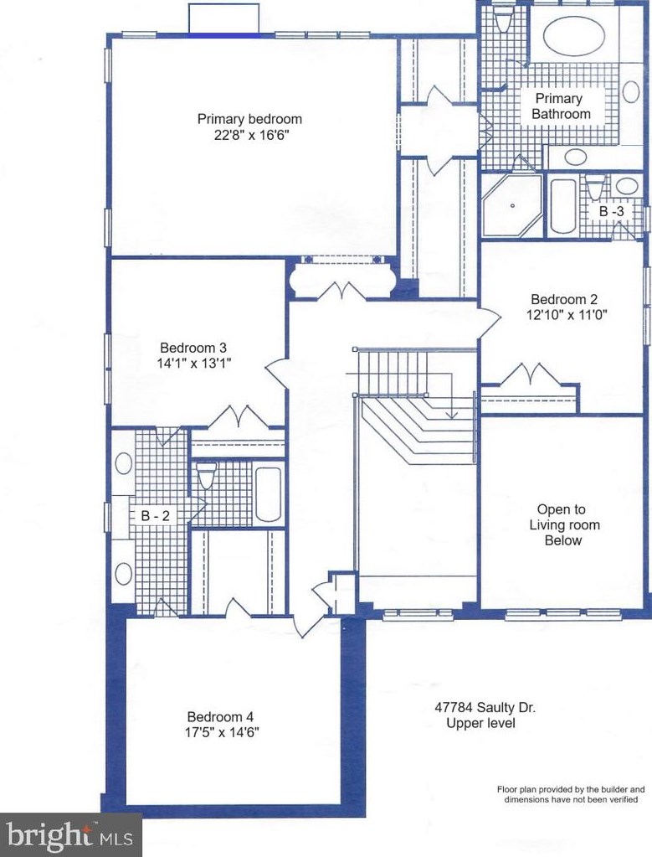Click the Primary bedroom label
pos(249,119)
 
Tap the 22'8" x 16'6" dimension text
pos(250,135)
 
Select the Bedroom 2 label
pos(564,300)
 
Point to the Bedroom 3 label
pos(193,348)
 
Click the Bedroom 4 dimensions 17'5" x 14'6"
pos(222,732)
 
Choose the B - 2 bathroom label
pos(156,515)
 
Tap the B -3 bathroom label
pos(611,211)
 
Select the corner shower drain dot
pos(512,206)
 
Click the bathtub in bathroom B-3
pos(563,206)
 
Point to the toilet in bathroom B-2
pos(206,475)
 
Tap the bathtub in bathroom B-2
pos(268,494)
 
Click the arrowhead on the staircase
pos(451,415)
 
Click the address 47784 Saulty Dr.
pos(485,707)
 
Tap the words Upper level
pos(480,723)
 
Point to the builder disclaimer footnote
pos(570,794)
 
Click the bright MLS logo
pos(70,835)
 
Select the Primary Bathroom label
pos(561,106)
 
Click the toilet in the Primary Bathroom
pos(502,20)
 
